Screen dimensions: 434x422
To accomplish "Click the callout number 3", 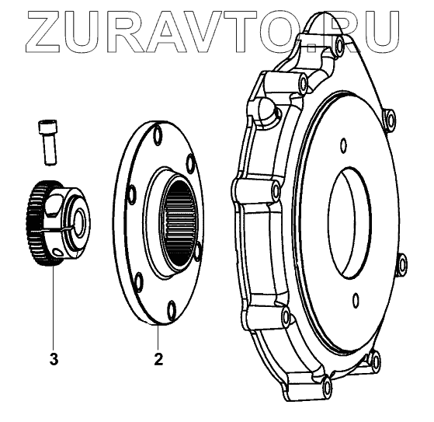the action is point(54,359).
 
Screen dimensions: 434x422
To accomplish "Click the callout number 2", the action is point(158,359).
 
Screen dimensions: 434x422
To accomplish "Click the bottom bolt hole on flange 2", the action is point(172,310).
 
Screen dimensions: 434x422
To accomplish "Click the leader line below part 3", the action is point(53,308).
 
